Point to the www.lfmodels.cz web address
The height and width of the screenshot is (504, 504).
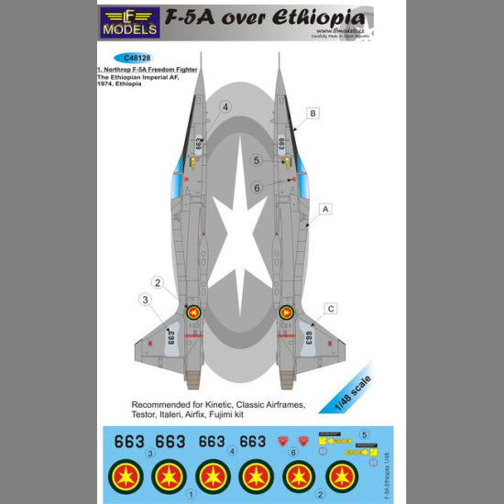[339, 32]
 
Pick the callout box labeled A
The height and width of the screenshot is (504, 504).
[324, 209]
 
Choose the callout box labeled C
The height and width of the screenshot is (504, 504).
[330, 308]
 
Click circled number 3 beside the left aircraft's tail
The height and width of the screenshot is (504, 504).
[144, 299]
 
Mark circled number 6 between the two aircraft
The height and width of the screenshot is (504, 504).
[257, 187]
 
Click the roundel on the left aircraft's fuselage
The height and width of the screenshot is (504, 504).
[193, 312]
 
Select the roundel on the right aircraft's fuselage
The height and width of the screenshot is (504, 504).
[286, 312]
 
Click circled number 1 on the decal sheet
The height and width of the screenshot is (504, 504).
[191, 494]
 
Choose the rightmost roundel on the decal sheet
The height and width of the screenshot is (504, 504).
[343, 475]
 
